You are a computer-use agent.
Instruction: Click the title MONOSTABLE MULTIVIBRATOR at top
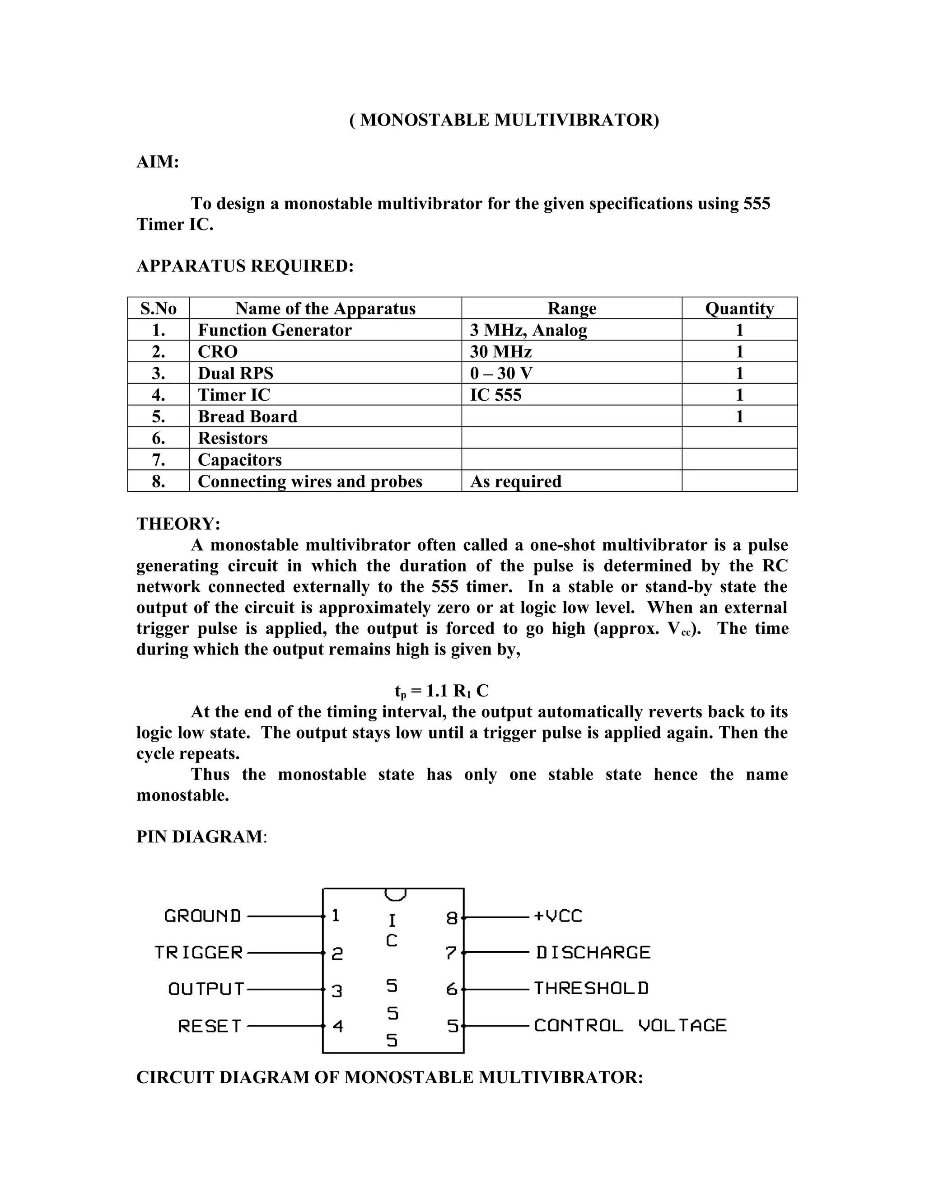(504, 120)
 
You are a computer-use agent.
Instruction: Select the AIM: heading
(158, 162)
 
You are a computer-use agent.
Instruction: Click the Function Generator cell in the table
(275, 330)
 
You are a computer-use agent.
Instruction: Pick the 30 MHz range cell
(501, 351)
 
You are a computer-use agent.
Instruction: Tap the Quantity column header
(739, 309)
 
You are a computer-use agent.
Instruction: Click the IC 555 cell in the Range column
(496, 395)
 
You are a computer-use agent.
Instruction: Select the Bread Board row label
(248, 416)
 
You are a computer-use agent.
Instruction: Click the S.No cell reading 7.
(159, 460)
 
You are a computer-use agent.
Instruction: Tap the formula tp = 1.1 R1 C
(442, 691)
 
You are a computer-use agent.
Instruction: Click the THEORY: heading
(178, 524)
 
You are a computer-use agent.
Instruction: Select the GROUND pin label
(203, 916)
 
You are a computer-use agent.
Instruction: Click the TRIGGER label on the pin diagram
(198, 953)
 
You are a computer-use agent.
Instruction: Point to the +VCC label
(558, 916)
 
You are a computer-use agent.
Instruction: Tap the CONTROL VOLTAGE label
(630, 1025)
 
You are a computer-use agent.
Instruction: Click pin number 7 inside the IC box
(451, 953)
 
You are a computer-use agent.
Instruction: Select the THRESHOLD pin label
(591, 989)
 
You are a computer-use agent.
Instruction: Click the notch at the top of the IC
(395, 895)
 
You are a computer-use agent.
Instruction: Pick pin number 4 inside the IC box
(337, 1026)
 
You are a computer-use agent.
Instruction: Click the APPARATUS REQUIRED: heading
(245, 266)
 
